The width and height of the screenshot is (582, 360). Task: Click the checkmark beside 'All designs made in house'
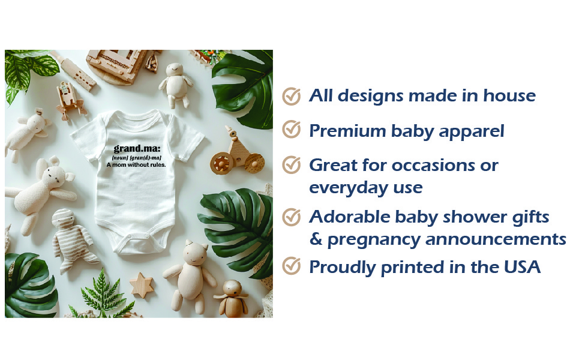click(x=292, y=96)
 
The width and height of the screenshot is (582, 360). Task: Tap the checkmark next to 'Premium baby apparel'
click(x=292, y=130)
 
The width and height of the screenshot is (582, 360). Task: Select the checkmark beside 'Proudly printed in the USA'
click(x=292, y=266)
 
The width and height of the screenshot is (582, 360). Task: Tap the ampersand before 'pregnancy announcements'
click(x=316, y=239)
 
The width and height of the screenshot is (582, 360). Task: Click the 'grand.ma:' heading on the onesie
click(x=137, y=149)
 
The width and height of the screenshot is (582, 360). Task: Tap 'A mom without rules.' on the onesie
click(x=136, y=165)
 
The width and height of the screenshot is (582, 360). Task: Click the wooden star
click(x=142, y=285)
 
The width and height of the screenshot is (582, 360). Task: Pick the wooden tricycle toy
click(x=237, y=153)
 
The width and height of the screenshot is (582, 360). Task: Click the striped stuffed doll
click(x=74, y=239)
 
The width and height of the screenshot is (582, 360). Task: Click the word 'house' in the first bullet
click(x=509, y=96)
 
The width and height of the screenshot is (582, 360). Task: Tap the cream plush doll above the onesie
click(x=175, y=85)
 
